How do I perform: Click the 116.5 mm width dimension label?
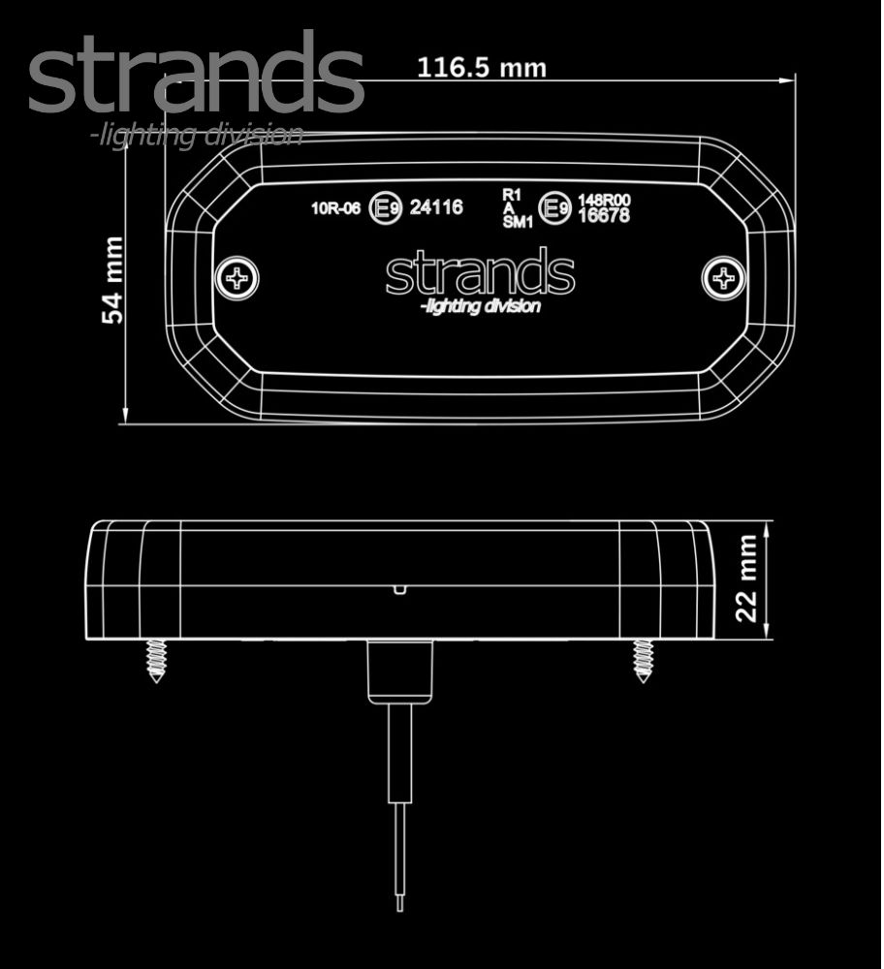482,68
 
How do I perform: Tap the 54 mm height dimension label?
112,280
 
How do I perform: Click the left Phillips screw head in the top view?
237,278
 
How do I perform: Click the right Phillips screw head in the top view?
723,278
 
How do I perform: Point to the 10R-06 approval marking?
335,208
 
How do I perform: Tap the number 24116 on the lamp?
436,207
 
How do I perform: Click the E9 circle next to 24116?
385,208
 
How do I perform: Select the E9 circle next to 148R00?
554,208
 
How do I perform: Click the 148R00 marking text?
604,201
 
